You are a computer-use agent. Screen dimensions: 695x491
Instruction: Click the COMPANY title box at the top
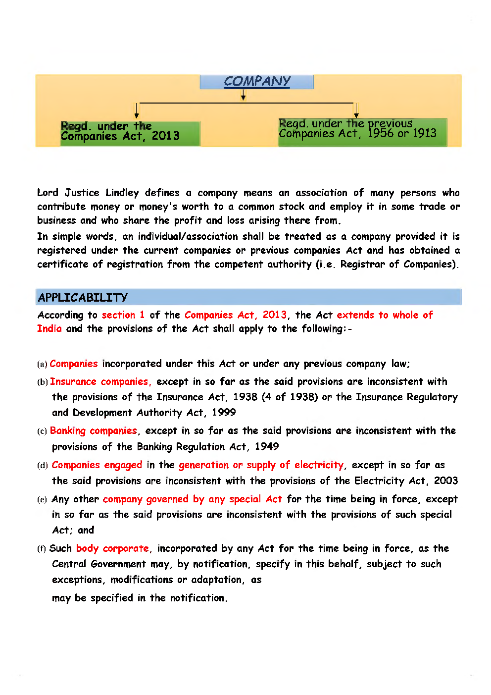(x=256, y=82)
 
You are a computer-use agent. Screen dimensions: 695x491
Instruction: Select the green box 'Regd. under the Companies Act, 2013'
(x=130, y=133)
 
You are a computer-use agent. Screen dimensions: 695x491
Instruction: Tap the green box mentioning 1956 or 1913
(x=362, y=132)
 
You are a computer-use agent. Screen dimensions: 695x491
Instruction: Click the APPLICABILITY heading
(x=83, y=297)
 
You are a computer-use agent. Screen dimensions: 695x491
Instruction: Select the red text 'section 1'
(x=123, y=315)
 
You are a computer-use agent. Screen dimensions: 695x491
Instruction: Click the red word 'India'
(x=49, y=329)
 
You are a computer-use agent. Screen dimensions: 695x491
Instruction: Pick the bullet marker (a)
(x=42, y=365)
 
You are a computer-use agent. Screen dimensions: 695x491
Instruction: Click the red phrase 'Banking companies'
(x=94, y=431)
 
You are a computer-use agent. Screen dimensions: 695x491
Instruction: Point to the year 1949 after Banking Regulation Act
(x=267, y=447)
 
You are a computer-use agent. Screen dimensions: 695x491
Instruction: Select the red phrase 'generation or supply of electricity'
(x=261, y=465)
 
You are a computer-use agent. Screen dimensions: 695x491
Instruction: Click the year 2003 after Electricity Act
(x=446, y=481)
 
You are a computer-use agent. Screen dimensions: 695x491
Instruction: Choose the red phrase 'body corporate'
(x=112, y=548)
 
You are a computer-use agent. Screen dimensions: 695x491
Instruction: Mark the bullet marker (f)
(x=42, y=549)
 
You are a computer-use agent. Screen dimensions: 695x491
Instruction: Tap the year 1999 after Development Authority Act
(x=224, y=413)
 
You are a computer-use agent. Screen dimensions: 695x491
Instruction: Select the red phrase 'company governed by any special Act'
(x=192, y=499)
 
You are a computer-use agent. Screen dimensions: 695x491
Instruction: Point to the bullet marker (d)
(x=43, y=466)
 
